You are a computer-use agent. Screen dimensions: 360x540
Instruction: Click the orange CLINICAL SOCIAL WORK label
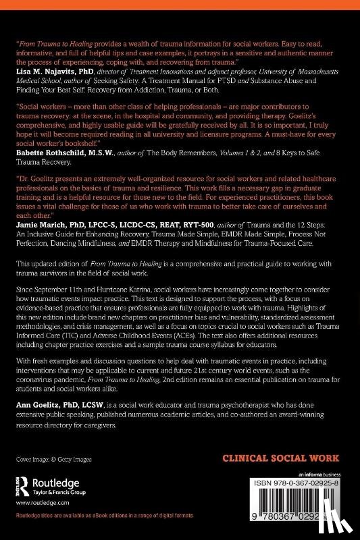283,459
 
